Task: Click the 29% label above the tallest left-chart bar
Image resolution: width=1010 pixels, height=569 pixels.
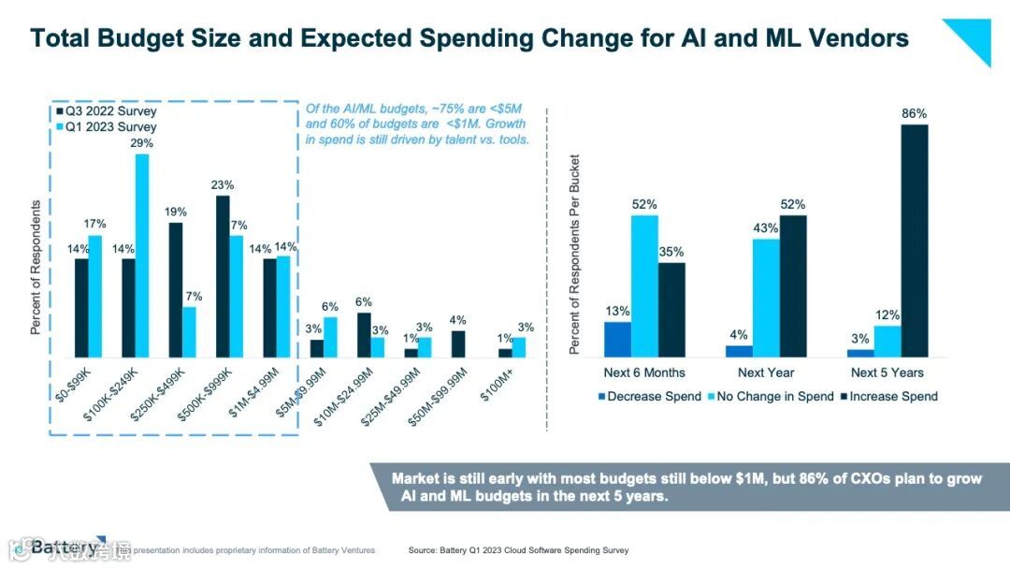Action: tap(142, 143)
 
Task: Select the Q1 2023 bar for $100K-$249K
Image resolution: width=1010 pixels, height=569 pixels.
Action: tap(142, 255)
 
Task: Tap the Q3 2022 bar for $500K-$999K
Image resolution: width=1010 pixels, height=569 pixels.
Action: tap(223, 276)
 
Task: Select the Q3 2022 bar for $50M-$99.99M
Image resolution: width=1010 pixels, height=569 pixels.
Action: tap(457, 343)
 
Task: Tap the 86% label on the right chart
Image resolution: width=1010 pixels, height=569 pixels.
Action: tap(914, 114)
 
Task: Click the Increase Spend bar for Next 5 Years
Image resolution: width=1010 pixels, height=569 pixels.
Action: tap(915, 240)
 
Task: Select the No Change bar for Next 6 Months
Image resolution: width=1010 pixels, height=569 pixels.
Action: tap(644, 285)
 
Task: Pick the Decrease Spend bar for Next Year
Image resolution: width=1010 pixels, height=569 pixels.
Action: tap(739, 351)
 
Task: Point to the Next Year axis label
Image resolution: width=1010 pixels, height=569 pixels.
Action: tap(766, 373)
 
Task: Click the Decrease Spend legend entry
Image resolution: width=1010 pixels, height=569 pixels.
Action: tap(648, 396)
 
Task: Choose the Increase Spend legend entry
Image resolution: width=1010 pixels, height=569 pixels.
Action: tap(889, 396)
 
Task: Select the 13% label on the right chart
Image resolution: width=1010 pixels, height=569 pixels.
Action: tap(617, 311)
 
